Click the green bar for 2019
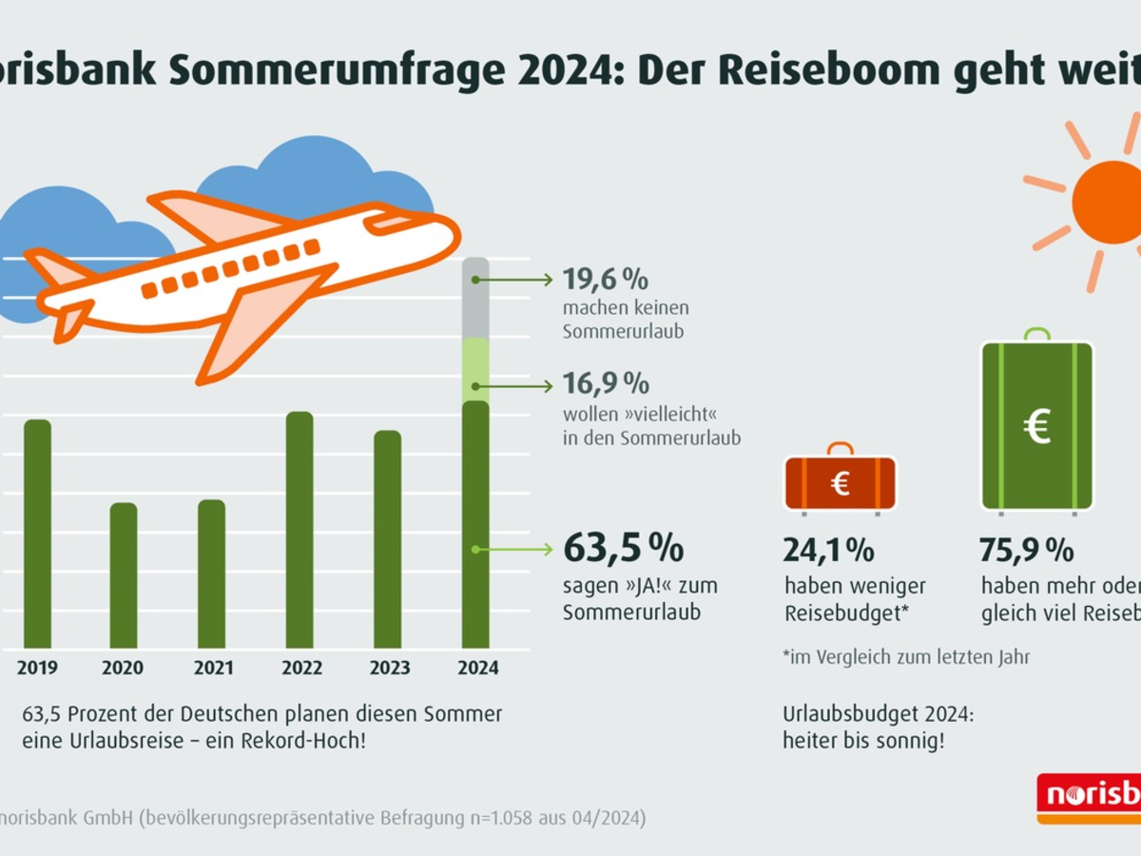(37, 533)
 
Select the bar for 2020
(124, 575)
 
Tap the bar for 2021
(212, 574)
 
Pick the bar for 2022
(300, 530)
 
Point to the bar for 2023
(387, 539)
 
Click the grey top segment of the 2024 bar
(475, 298)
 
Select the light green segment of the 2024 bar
(475, 369)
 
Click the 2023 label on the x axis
(389, 669)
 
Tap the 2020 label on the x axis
(124, 669)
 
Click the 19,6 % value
(605, 280)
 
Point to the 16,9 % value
(606, 384)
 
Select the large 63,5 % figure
(623, 549)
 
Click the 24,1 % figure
(828, 550)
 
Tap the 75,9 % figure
(1026, 550)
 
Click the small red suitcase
(840, 483)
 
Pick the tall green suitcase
(1036, 425)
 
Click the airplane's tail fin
(57, 267)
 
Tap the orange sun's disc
(1108, 202)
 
